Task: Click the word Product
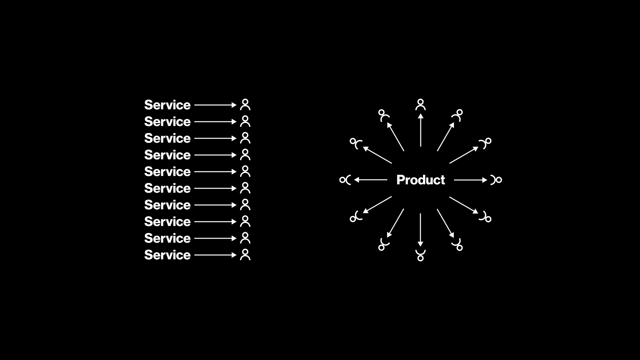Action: tap(420, 180)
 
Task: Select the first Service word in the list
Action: tap(167, 105)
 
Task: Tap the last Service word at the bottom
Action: tap(167, 255)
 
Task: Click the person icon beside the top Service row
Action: tap(245, 105)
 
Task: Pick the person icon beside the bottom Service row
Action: tap(245, 255)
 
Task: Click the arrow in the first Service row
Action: tap(215, 105)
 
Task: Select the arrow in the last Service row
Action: tap(215, 255)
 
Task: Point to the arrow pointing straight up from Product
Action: tap(421, 130)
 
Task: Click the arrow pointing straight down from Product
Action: tap(420, 230)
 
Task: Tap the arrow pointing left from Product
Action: tap(371, 180)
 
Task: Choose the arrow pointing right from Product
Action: tap(470, 180)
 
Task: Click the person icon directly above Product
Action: tap(421, 105)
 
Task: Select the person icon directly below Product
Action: tap(420, 255)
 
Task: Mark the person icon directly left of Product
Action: tap(345, 180)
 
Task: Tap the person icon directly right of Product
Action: tap(496, 180)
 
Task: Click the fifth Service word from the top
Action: tap(167, 172)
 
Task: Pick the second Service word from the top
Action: tap(167, 122)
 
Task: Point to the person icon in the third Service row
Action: tap(245, 138)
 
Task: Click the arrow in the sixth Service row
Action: tap(215, 188)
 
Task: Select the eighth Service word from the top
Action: tap(167, 222)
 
